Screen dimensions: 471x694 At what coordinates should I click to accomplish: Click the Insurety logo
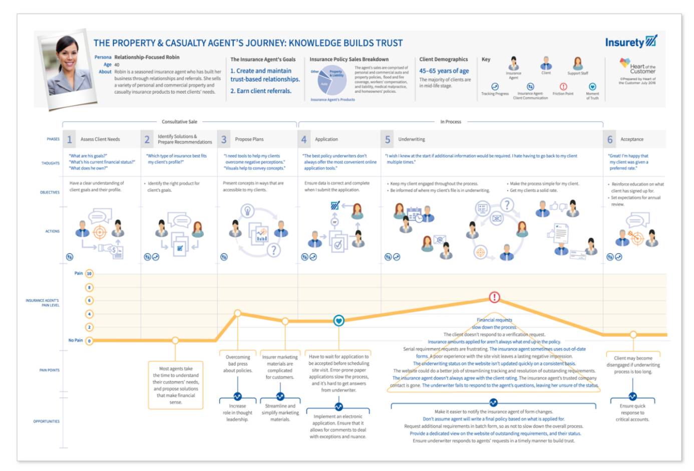coord(630,42)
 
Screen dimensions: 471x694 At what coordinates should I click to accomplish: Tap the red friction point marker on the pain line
coord(494,297)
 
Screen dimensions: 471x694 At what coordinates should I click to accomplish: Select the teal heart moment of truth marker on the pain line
coord(338,320)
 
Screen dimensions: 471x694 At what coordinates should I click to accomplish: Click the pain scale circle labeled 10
coord(89,274)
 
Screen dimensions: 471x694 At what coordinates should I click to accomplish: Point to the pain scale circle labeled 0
coord(89,341)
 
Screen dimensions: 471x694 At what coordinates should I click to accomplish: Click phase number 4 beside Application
coord(304,139)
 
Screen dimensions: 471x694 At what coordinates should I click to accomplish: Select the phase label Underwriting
coord(412,139)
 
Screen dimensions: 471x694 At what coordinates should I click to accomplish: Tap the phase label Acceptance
coord(632,139)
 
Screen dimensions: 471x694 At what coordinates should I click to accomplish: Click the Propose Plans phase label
coord(249,139)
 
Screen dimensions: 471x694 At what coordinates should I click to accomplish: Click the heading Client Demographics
coord(444,59)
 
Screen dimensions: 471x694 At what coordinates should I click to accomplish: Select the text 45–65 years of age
coord(444,71)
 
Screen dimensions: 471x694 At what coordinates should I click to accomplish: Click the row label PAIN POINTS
coord(50,370)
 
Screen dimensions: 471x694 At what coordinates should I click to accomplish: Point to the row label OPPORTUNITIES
coord(47,421)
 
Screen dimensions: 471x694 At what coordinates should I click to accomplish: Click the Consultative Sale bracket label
coord(179,122)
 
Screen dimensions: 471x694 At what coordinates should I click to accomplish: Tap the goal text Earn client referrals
coord(261,91)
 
